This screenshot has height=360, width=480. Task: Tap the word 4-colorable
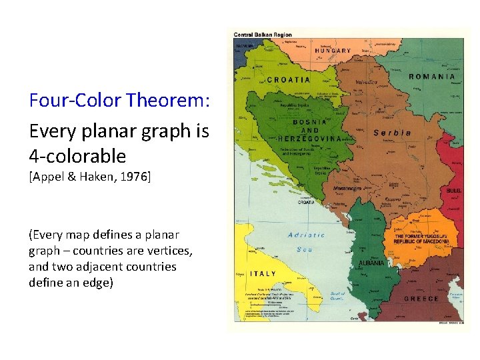(x=77, y=157)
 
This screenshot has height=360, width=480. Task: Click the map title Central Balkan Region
(x=262, y=35)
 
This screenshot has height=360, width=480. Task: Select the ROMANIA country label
(x=431, y=77)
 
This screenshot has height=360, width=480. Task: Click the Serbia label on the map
(x=392, y=133)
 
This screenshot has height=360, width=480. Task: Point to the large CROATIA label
(x=288, y=79)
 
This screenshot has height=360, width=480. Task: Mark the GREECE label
(x=421, y=299)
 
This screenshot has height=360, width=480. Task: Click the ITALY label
(x=263, y=274)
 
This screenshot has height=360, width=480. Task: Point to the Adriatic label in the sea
(x=306, y=235)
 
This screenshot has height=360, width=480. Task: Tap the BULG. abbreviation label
(x=453, y=191)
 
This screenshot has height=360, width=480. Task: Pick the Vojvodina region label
(x=365, y=83)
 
